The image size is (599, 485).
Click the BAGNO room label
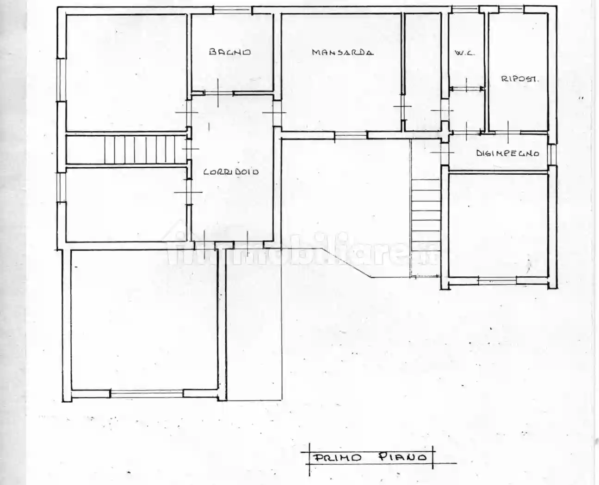coord(230,52)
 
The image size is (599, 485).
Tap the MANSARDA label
coord(342,52)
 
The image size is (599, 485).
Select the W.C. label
coord(464,53)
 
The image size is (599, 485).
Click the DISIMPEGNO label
coord(507,153)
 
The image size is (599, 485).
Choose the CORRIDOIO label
coord(231,172)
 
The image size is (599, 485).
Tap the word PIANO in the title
coord(402,457)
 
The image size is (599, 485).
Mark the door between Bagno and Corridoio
coord(218,93)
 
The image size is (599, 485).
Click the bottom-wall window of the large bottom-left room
coord(147,394)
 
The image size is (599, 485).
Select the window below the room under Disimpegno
coord(497,280)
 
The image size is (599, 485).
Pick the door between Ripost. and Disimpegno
coord(507,133)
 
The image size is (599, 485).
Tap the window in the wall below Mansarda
coord(351,135)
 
